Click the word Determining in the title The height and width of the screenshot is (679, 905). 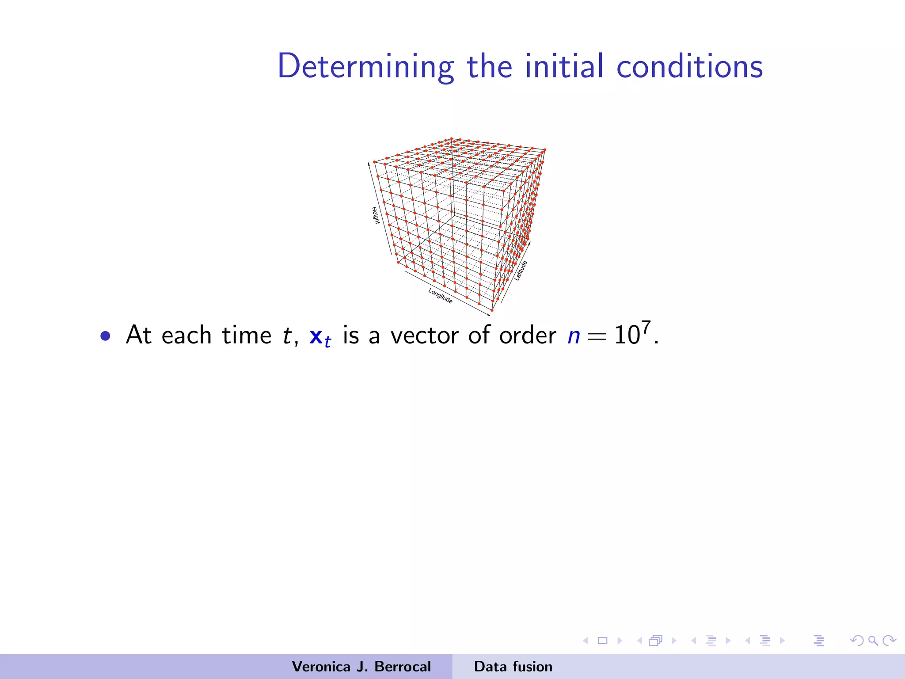[x=365, y=66]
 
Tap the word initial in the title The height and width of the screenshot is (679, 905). [x=564, y=66]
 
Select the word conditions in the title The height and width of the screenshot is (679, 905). [x=689, y=66]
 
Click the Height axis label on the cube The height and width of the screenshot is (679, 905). [x=375, y=215]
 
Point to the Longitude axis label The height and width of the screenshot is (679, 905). [x=440, y=296]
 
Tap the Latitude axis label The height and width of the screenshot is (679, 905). [x=521, y=271]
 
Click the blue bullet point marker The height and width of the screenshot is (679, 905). [x=105, y=336]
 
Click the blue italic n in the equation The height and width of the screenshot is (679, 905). [x=574, y=336]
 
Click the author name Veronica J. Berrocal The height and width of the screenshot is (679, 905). [x=361, y=666]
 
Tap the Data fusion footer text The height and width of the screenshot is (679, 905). [x=513, y=666]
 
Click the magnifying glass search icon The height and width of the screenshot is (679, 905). [x=873, y=641]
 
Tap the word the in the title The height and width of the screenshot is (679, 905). [x=490, y=66]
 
